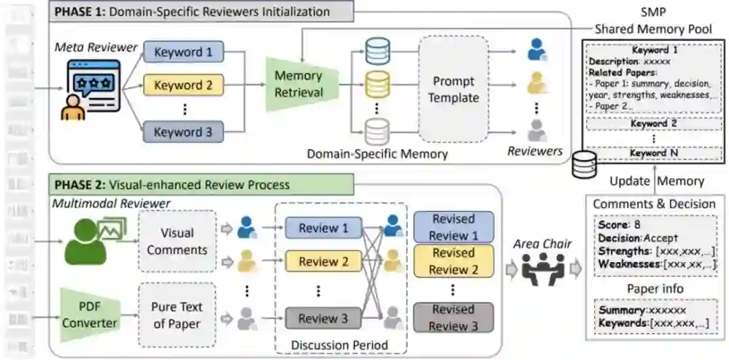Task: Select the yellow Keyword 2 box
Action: point(183,86)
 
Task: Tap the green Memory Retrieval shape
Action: point(298,85)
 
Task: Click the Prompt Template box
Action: point(453,89)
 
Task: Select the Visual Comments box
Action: point(178,241)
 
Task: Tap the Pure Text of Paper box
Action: point(178,315)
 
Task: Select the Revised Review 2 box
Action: point(453,261)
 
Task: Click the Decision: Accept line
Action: point(638,238)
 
